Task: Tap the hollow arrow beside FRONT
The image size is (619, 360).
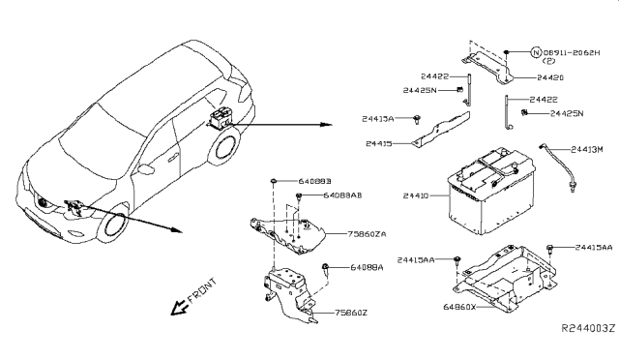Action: (178, 308)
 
